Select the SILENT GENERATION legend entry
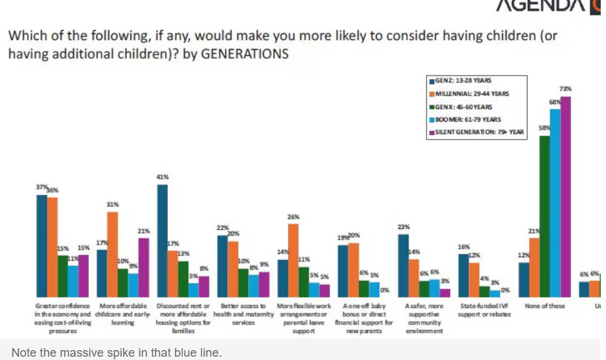tap(478, 132)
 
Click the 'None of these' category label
tap(545, 306)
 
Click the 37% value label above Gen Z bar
tap(41, 188)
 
